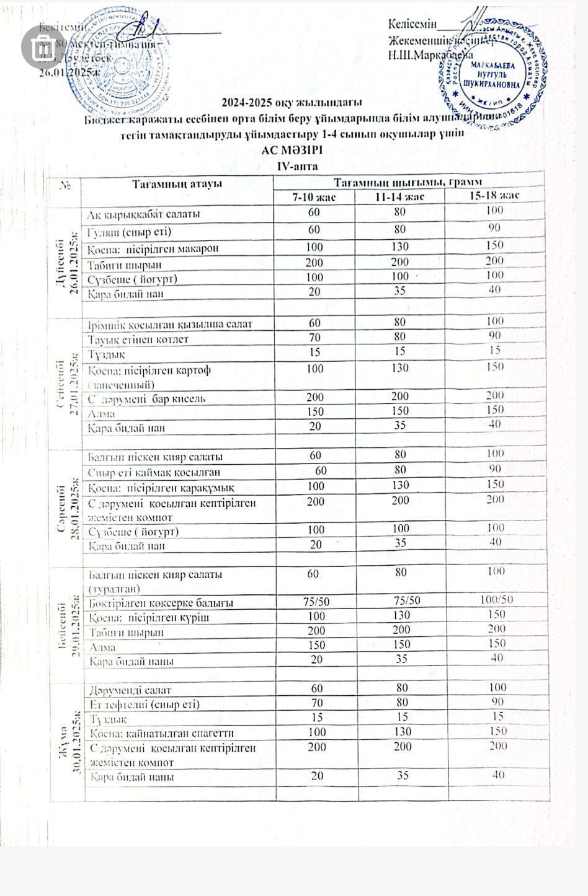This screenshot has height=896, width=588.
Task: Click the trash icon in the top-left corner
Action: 42,46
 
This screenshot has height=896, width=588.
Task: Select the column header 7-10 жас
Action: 314,196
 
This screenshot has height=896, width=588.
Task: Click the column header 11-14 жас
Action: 399,196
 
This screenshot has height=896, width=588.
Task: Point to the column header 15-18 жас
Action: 494,195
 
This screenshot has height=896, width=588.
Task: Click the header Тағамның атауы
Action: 177,183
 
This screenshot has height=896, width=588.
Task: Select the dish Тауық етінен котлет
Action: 138,339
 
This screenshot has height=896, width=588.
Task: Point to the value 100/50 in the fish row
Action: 497,599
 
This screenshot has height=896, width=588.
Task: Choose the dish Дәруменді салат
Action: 130,690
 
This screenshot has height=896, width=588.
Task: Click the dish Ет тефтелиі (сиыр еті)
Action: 145,704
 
